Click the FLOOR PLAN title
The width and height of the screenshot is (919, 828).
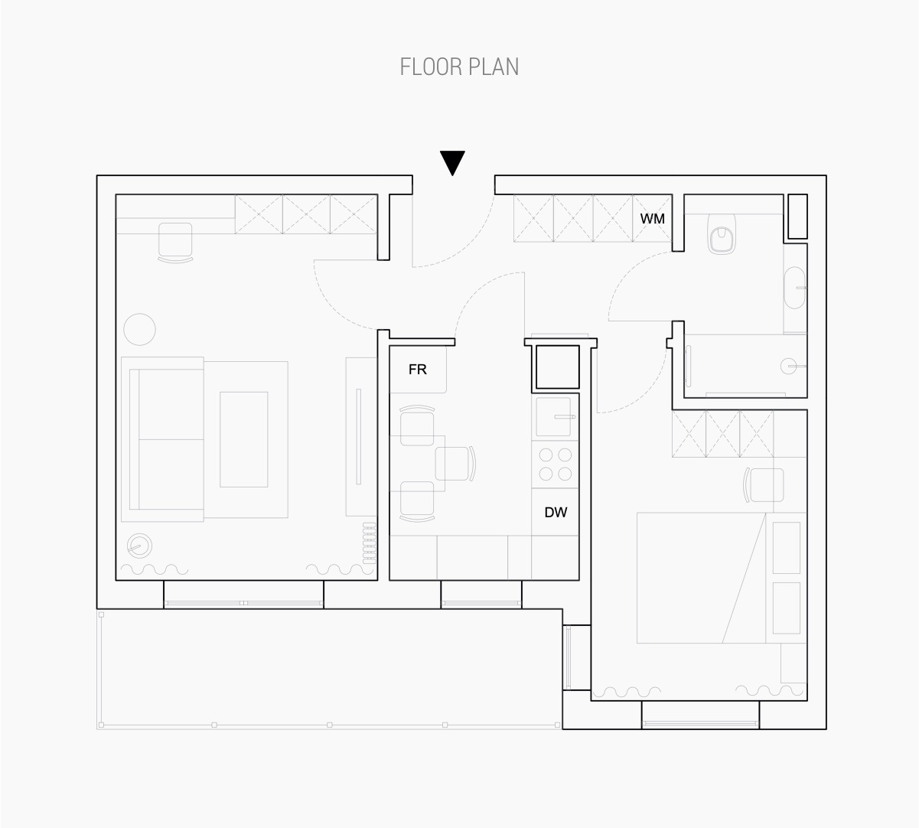[x=459, y=67]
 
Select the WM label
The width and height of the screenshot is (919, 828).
[x=653, y=219]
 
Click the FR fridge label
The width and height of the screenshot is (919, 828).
[x=417, y=370]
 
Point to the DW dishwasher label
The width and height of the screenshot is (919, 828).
[x=556, y=512]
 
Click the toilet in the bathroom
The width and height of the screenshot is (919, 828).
[x=722, y=234]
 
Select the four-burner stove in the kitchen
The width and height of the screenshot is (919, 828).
[x=556, y=465]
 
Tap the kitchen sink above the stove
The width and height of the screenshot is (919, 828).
[x=554, y=416]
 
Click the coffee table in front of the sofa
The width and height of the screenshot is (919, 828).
[x=244, y=439]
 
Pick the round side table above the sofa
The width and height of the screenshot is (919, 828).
[x=140, y=330]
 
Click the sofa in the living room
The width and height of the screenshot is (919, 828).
[x=163, y=439]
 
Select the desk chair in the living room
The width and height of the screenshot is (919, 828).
[x=175, y=243]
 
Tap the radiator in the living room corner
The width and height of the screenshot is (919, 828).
[x=370, y=543]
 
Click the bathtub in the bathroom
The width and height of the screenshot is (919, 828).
[x=795, y=288]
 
